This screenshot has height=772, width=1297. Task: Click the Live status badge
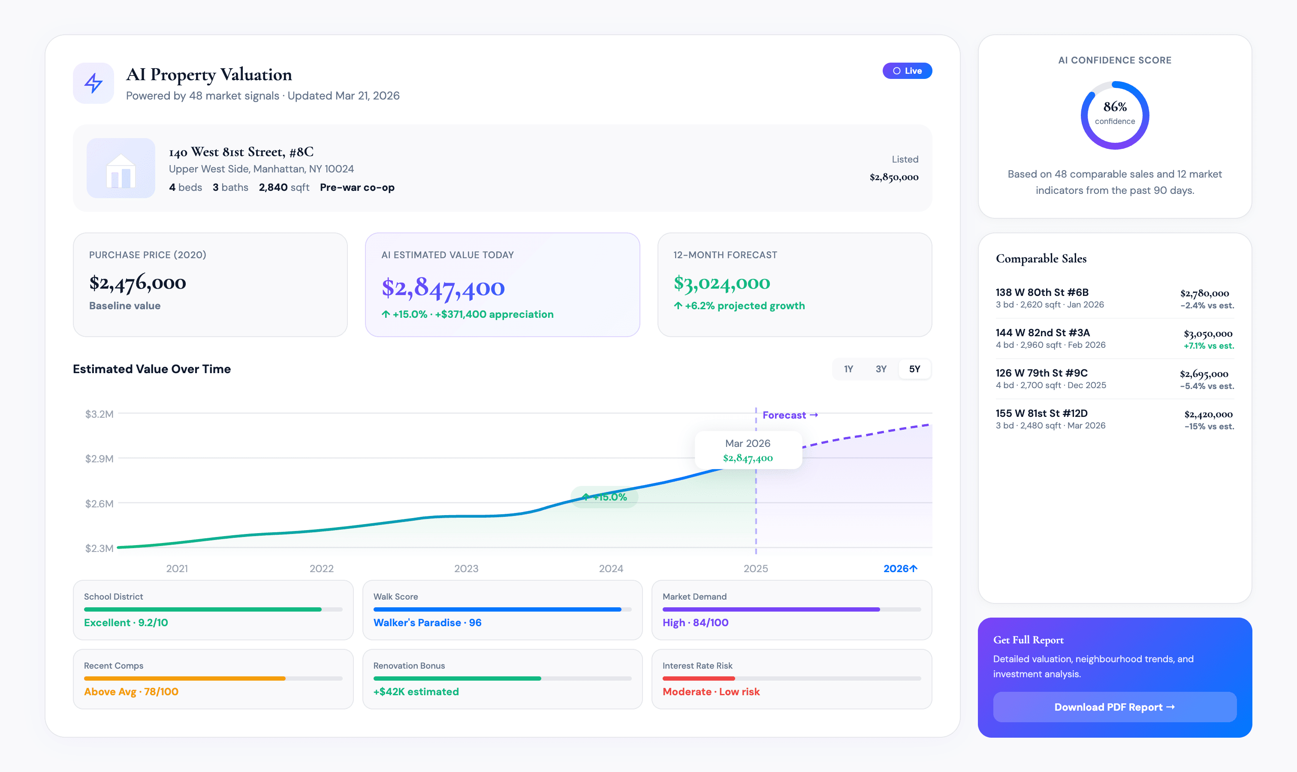(907, 71)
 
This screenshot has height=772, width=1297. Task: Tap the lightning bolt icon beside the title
(94, 83)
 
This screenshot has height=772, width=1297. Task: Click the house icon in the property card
(121, 169)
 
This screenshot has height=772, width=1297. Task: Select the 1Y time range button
(848, 369)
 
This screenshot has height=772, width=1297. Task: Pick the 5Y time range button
(914, 369)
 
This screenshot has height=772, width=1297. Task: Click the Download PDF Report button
(1114, 707)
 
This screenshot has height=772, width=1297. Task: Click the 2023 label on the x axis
(466, 569)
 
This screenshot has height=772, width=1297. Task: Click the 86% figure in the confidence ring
(1114, 107)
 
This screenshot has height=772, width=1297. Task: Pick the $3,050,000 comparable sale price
(1207, 333)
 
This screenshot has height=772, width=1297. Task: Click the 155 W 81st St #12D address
(1041, 413)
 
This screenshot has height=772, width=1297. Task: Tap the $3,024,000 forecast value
(721, 283)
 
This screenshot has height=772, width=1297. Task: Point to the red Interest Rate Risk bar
(698, 679)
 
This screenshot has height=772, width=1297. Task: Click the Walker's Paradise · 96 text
(427, 623)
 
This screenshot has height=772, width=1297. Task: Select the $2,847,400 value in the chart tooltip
(748, 458)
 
